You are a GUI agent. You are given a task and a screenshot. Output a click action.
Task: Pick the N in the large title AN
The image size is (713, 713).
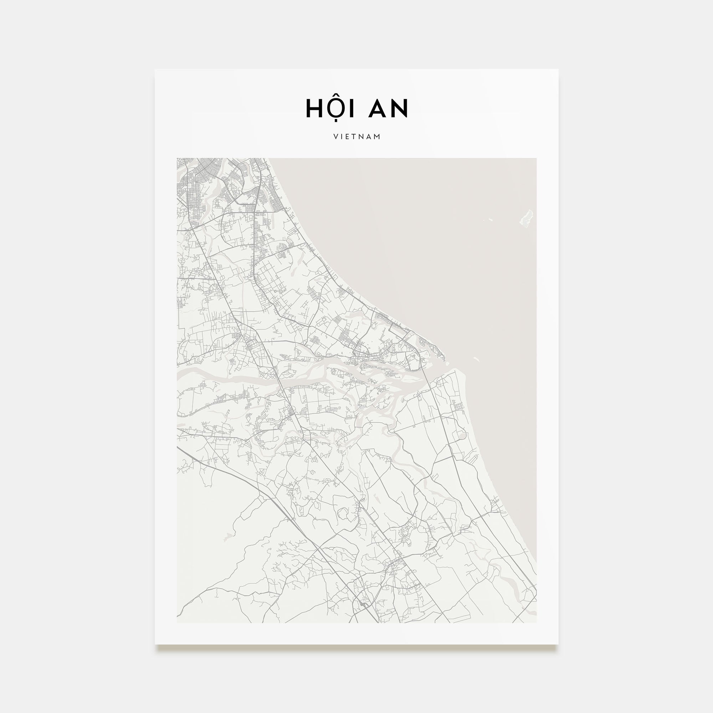coord(400,108)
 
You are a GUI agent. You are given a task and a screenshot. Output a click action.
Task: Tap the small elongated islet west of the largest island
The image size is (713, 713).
coord(490,220)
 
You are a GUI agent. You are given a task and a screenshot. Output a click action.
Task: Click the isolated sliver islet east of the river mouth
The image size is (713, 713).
coord(476,359)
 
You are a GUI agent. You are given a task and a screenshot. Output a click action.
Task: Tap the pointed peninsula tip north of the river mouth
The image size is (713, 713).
coord(444,356)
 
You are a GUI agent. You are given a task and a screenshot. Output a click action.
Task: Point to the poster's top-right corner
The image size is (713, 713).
coord(558,70)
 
